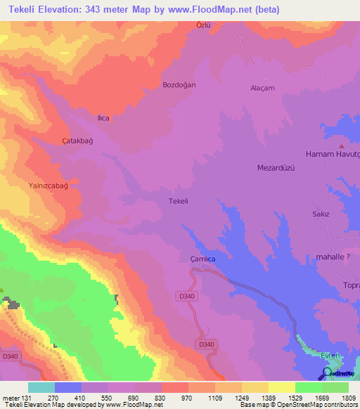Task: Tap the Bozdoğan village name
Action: pos(179,84)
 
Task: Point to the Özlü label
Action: pos(203,25)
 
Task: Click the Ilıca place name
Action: pos(103,118)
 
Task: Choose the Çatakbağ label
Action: pos(77,141)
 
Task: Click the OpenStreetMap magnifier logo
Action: pos(328,372)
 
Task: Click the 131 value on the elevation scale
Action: pos(28,397)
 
